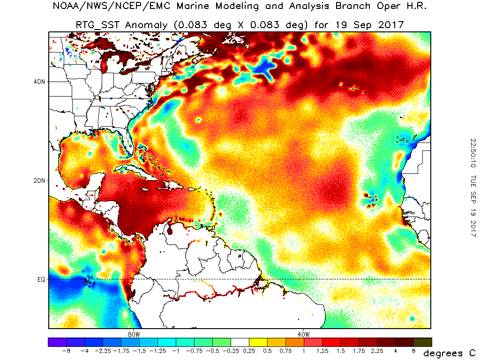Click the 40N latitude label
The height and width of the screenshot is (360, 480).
pyautogui.click(x=40, y=81)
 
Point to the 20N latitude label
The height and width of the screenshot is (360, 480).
pyautogui.click(x=40, y=180)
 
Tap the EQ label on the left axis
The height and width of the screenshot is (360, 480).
pyautogui.click(x=41, y=279)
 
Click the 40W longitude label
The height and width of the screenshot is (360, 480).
pyautogui.click(x=303, y=334)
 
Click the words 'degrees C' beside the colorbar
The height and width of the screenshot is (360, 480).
pyautogui.click(x=449, y=352)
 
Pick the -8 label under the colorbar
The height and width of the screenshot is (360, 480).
pyautogui.click(x=66, y=351)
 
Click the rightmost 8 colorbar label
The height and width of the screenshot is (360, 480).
pyautogui.click(x=414, y=351)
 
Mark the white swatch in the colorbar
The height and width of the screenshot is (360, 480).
pyautogui.click(x=240, y=342)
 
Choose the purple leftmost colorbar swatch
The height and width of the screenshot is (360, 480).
pyautogui.click(x=57, y=342)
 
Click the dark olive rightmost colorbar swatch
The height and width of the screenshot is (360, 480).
pyautogui.click(x=423, y=342)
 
